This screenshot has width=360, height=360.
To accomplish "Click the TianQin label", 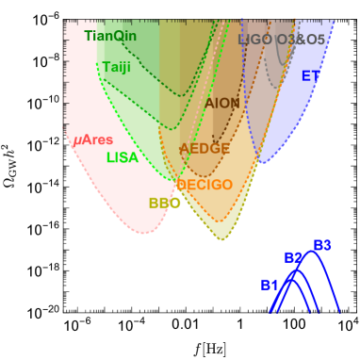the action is point(110,36).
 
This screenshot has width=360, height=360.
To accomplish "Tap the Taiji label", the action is point(117,67).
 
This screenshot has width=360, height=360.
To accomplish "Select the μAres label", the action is point(93,140).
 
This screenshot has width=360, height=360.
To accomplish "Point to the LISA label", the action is point(122,157).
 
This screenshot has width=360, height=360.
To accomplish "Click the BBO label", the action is point(164,203).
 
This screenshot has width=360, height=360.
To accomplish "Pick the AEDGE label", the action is point(205,149).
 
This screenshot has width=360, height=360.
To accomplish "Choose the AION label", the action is point(222,103).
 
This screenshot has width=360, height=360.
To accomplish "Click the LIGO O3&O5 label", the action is point(282,40).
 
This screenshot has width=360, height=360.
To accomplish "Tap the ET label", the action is point(310,75).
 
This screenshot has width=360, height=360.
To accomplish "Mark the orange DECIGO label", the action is point(205,185).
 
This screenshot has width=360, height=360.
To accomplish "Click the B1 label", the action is point(270,285).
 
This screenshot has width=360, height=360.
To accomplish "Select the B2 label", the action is point(293,258).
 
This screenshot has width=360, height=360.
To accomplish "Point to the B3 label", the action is point(322,245).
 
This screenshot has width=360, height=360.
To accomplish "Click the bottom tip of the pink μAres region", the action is point(143,233).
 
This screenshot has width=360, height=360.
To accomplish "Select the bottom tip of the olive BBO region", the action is point(221,239).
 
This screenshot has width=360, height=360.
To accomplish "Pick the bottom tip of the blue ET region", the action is point(262,163).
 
